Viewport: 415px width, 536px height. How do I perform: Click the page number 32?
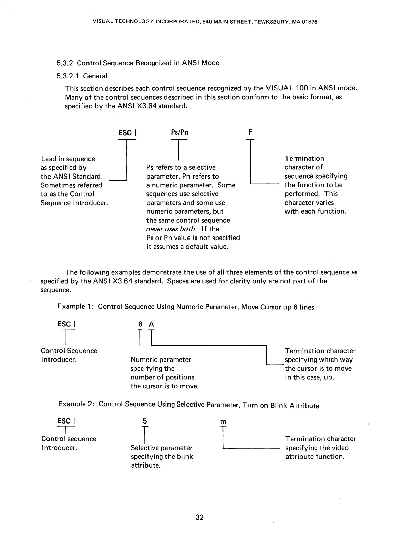[x=199, y=517]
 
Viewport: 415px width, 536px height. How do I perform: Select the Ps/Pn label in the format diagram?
[x=179, y=132]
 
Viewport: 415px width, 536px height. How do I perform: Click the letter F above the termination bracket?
[x=250, y=132]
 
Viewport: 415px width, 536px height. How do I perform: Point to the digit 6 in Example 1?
[x=140, y=324]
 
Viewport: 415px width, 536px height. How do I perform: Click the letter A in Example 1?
[x=151, y=324]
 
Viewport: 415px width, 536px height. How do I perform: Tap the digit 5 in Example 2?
[x=145, y=421]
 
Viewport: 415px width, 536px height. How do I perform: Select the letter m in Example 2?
[x=223, y=421]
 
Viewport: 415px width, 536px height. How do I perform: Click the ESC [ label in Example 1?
[x=66, y=324]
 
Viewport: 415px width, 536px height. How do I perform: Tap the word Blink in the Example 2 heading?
[x=278, y=406]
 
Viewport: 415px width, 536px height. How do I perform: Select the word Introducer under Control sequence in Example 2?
[x=59, y=448]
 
